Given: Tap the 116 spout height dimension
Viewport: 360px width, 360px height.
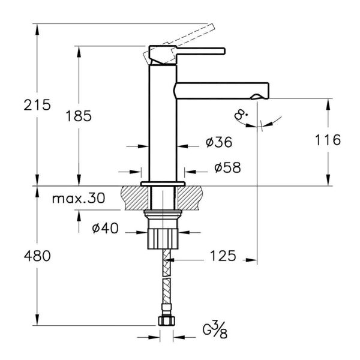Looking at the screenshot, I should pos(328,140).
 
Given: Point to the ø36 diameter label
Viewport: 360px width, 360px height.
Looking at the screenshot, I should pos(218,142).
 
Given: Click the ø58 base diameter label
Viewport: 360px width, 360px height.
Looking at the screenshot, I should pos(227,168).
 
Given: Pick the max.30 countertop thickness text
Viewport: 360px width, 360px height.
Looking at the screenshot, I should pos(78,198).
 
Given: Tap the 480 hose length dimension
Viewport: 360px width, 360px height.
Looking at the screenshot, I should pos(37,255).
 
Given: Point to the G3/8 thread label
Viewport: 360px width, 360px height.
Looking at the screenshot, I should pos(214,330).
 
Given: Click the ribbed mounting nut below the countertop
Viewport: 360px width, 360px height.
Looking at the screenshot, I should pos(163,236).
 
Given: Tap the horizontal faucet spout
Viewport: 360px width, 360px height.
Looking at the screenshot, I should pos(222,90).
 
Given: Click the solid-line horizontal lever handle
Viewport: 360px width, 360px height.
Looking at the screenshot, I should pos(198,50).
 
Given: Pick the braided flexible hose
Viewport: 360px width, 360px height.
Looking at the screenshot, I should pos(166,282).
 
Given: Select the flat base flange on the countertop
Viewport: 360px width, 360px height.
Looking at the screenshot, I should pos(163,182).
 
